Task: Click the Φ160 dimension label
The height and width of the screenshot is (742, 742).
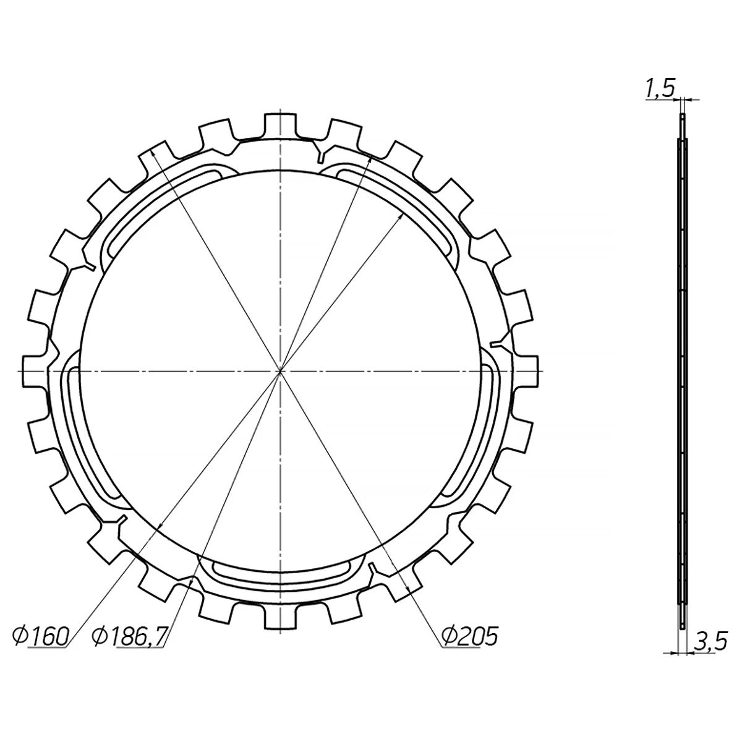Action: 40,636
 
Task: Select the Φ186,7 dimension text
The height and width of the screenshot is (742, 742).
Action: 130,636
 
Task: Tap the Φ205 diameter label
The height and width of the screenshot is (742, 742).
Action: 470,636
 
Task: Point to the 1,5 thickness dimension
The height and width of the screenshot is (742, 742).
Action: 660,88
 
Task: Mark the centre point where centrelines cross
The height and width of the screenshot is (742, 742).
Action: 280,371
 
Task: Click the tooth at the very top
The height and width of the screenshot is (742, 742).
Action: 280,125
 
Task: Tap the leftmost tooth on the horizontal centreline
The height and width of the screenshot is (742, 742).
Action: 35,371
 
